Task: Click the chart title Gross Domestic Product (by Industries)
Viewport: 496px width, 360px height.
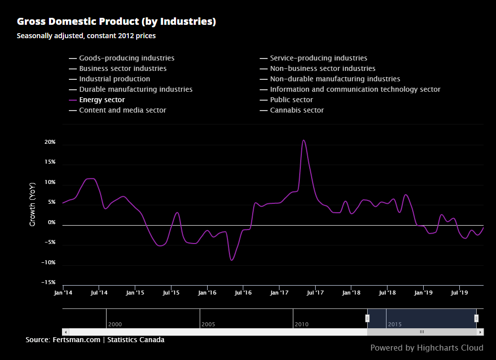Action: [116, 21]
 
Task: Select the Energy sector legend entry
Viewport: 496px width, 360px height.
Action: [102, 100]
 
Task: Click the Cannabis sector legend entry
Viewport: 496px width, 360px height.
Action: [296, 110]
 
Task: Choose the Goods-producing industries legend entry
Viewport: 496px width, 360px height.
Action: [126, 58]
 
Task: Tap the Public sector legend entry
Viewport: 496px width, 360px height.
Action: [291, 100]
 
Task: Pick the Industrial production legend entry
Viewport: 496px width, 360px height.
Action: [114, 79]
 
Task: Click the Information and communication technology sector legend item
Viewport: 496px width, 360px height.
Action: [355, 89]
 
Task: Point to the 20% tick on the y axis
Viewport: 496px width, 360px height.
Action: [50, 142]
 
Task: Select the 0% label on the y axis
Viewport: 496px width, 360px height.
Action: [52, 223]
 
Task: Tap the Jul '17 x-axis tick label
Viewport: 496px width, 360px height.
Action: [315, 293]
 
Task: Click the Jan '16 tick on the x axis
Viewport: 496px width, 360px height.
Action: [207, 293]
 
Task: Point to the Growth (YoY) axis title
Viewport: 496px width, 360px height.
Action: [33, 204]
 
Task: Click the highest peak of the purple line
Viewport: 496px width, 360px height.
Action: [304, 140]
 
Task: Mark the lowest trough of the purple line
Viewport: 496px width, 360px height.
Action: [231, 260]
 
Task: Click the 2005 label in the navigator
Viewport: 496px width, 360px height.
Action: [208, 324]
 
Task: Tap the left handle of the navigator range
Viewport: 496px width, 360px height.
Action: [367, 318]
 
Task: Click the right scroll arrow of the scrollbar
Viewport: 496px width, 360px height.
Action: [480, 332]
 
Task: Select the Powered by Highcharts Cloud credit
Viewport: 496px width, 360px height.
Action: [427, 348]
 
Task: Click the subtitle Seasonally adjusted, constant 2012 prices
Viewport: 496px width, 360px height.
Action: [86, 36]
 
